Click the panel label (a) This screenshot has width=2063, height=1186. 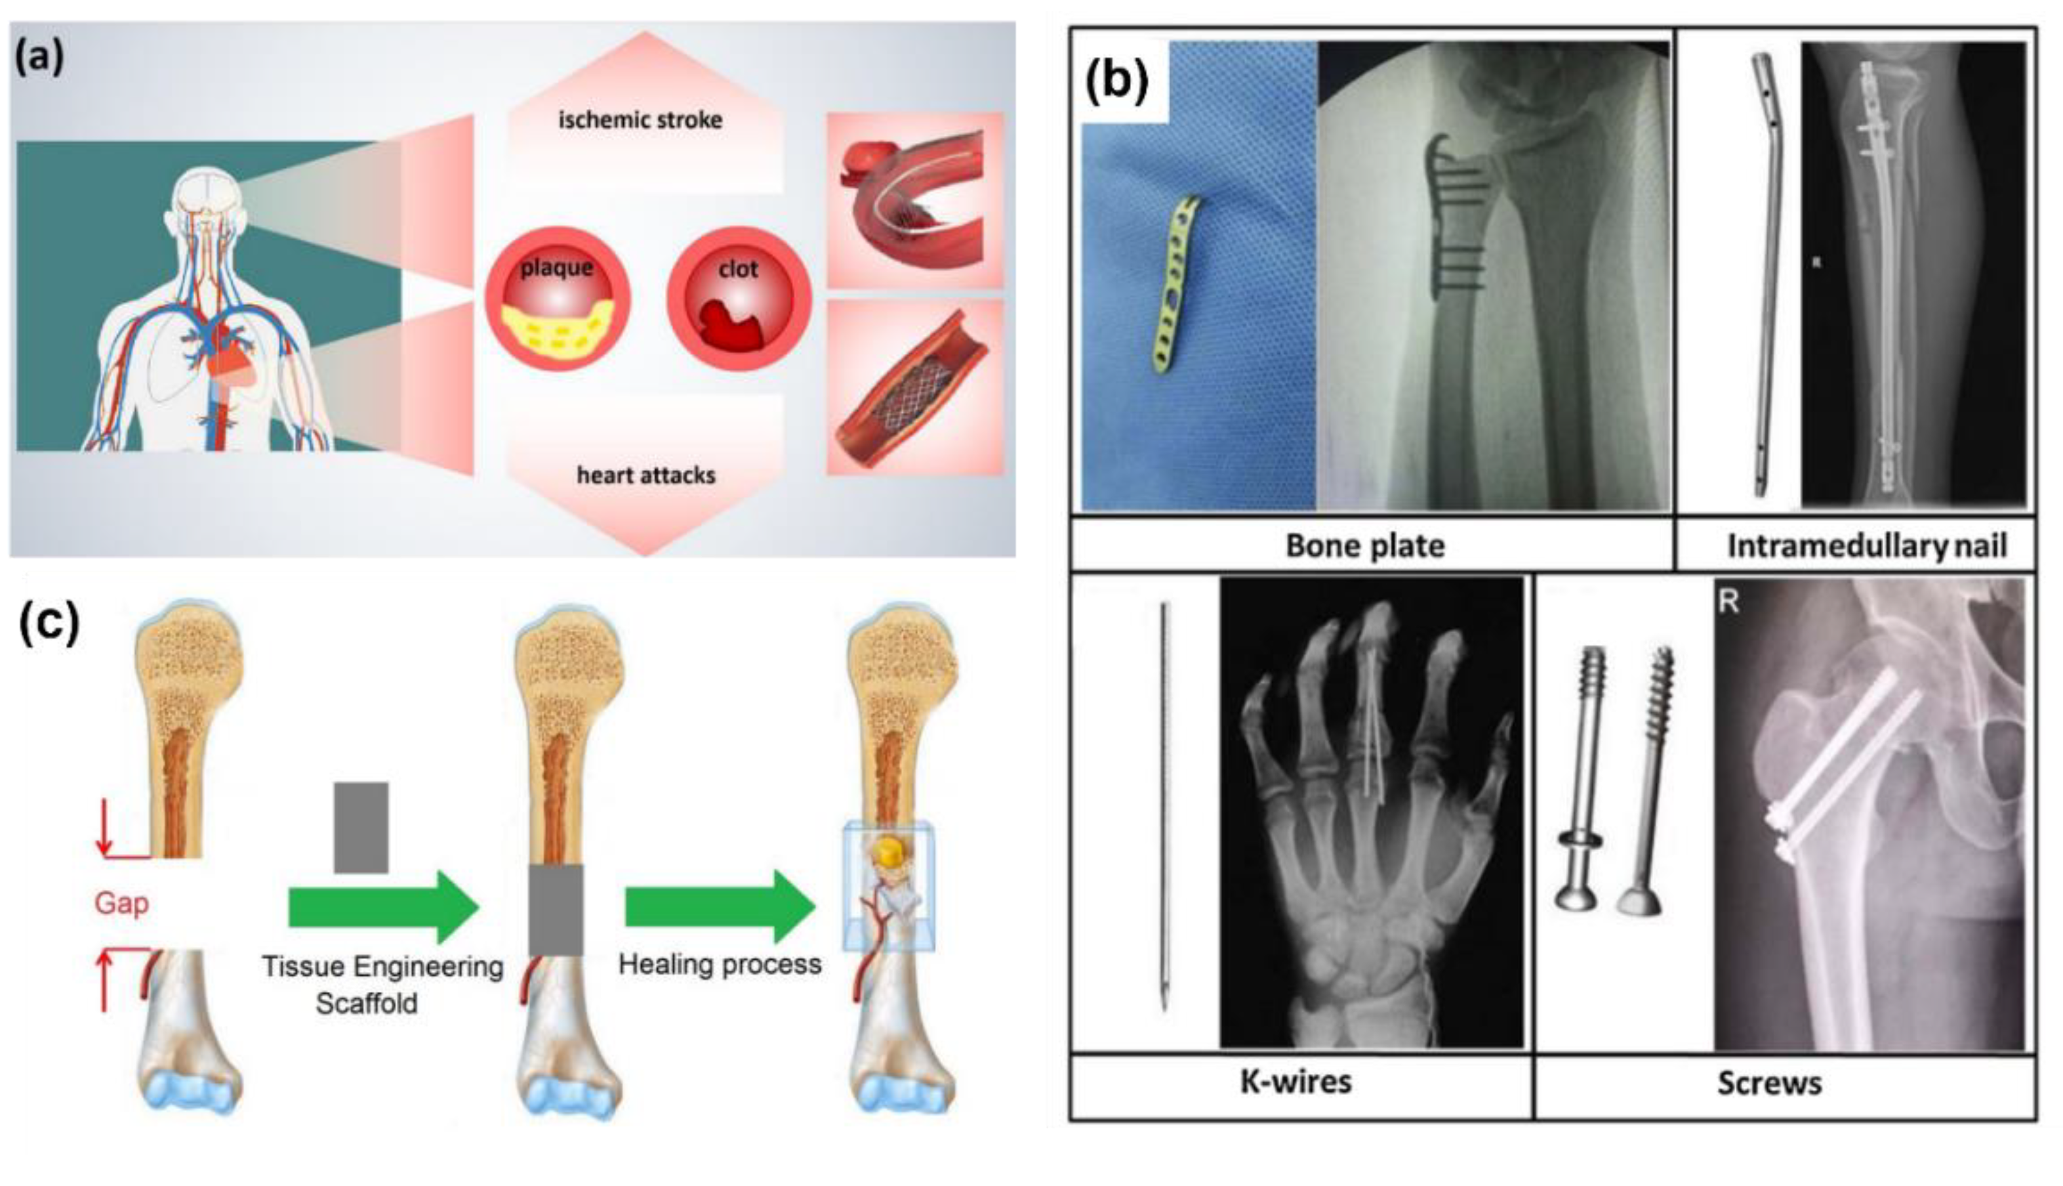tap(39, 58)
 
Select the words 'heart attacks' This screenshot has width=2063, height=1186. tap(645, 475)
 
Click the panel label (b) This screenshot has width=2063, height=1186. tap(1116, 81)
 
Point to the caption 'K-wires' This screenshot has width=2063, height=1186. tap(1296, 1082)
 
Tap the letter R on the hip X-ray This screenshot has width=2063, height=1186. tap(1728, 602)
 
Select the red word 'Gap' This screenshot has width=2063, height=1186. tap(121, 903)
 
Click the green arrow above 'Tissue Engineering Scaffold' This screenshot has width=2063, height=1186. tap(382, 908)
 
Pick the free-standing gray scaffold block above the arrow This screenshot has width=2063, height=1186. tap(361, 827)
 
